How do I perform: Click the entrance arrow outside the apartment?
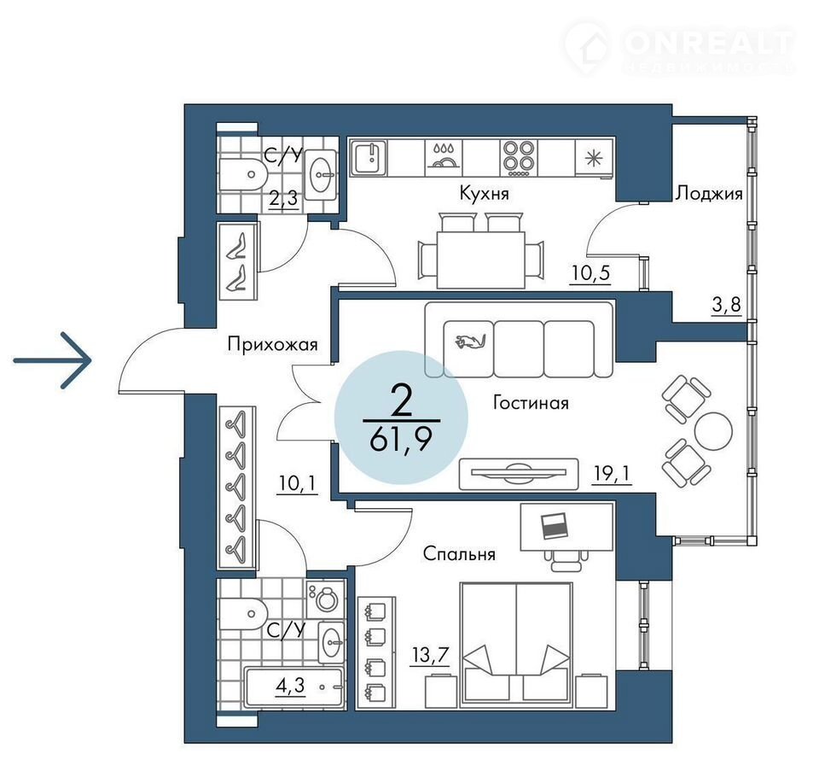[x=52, y=360]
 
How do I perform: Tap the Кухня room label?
[x=484, y=194]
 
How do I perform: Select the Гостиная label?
[x=531, y=403]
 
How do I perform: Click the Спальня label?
[x=459, y=553]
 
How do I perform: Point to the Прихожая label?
[x=273, y=345]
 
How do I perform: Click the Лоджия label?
[x=708, y=194]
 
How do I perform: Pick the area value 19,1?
[x=613, y=473]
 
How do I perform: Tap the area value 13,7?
[x=430, y=654]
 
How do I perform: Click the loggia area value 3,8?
[x=727, y=304]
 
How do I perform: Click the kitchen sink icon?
[x=369, y=157]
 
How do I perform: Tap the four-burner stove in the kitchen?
[x=518, y=157]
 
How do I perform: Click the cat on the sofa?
[x=469, y=342]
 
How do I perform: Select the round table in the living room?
[x=713, y=431]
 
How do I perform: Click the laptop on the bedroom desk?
[x=554, y=526]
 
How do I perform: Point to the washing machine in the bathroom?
[x=325, y=599]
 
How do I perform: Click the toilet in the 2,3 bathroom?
[x=243, y=174]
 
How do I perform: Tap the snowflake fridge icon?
[x=594, y=158]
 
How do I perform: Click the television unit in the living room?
[x=519, y=474]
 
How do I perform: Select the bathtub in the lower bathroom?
[x=294, y=687]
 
